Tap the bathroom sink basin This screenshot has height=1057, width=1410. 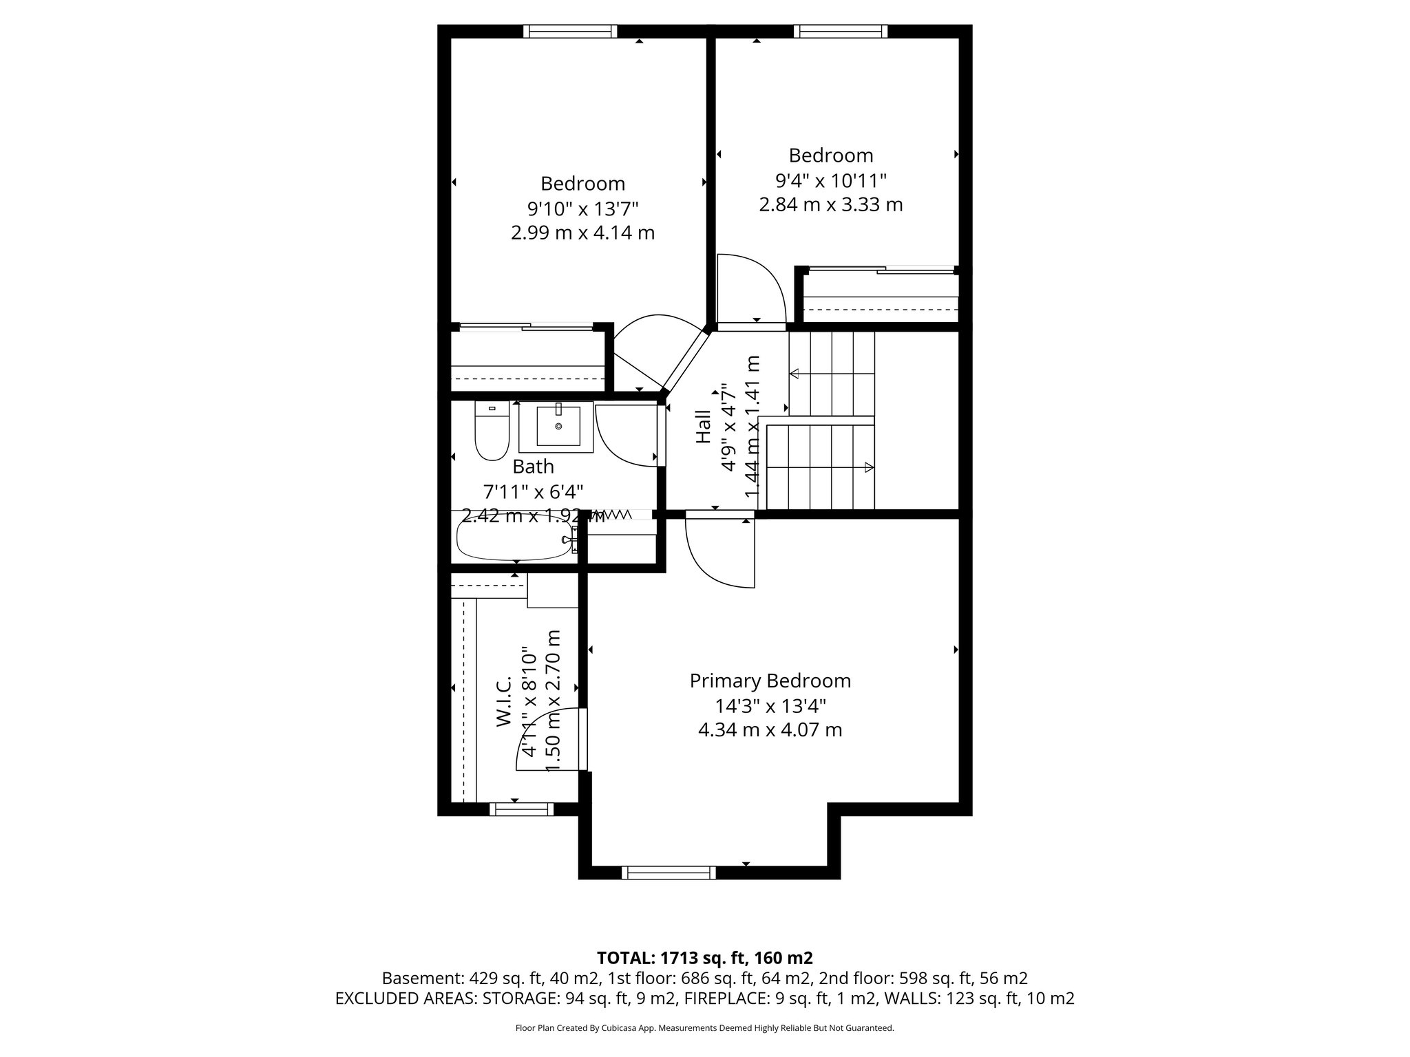click(558, 427)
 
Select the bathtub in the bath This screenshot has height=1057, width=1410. click(515, 539)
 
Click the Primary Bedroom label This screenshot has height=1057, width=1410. click(770, 681)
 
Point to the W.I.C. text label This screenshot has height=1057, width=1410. click(503, 701)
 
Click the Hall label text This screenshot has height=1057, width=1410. click(703, 427)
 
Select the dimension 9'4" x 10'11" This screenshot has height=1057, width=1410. click(830, 180)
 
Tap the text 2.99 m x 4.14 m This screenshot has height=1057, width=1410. click(582, 233)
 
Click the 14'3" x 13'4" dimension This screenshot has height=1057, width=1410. click(770, 705)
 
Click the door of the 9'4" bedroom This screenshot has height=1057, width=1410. click(750, 289)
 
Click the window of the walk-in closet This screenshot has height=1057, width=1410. click(521, 809)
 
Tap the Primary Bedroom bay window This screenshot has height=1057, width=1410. click(669, 872)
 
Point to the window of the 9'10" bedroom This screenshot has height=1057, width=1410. click(569, 31)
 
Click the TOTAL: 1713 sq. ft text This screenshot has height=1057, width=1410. click(704, 957)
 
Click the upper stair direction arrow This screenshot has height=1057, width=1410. click(795, 374)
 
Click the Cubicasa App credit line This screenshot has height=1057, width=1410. click(704, 1028)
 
